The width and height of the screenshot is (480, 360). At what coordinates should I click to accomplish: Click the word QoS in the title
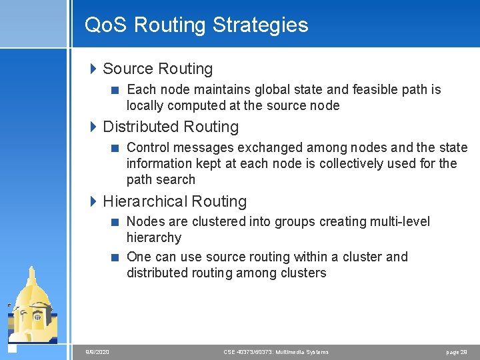107,25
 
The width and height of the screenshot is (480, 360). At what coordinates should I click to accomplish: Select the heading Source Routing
158,69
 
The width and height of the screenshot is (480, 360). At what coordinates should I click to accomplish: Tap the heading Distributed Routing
171,127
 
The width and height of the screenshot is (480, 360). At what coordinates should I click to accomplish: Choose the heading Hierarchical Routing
175,201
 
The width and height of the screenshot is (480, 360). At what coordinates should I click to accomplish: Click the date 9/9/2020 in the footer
97,351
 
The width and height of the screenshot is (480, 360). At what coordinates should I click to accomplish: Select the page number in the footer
457,351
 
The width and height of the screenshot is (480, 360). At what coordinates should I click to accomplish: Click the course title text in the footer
275,351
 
